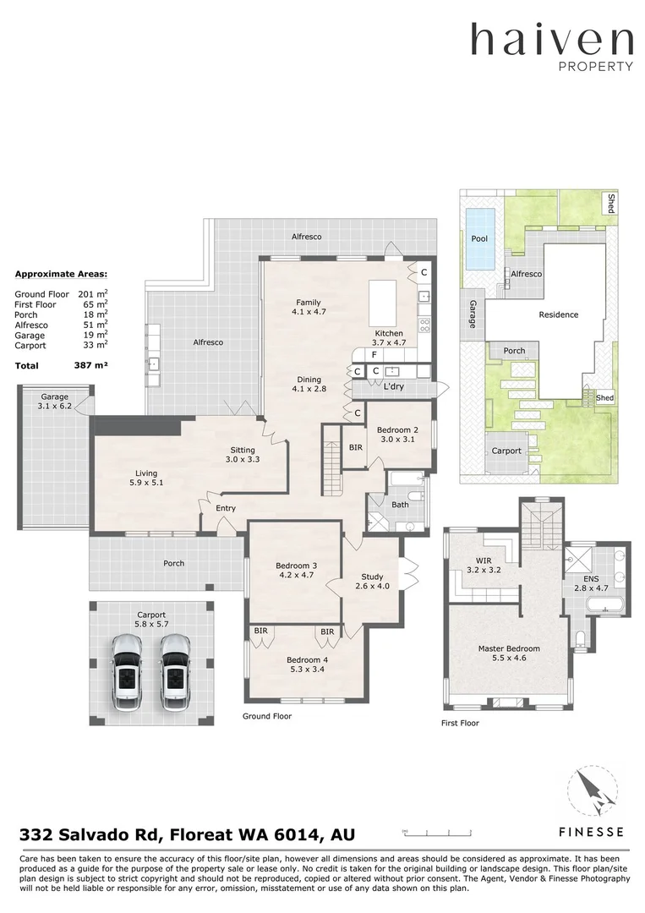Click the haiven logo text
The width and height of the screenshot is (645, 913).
[x=551, y=41]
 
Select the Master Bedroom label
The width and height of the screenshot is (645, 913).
[x=509, y=653]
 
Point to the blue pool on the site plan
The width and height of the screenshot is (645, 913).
[x=479, y=239]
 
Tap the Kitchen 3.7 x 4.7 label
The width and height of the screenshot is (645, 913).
[x=389, y=338]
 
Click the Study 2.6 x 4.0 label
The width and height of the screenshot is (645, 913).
[x=372, y=582]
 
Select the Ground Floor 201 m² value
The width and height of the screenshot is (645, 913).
[x=91, y=293]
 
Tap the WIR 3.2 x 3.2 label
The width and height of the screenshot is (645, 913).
[x=484, y=565]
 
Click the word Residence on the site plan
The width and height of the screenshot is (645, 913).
[x=559, y=314]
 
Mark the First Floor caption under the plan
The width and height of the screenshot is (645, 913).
[x=461, y=724]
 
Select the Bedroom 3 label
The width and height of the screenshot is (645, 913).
[x=296, y=571]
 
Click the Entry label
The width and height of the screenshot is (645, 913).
[x=225, y=508]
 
